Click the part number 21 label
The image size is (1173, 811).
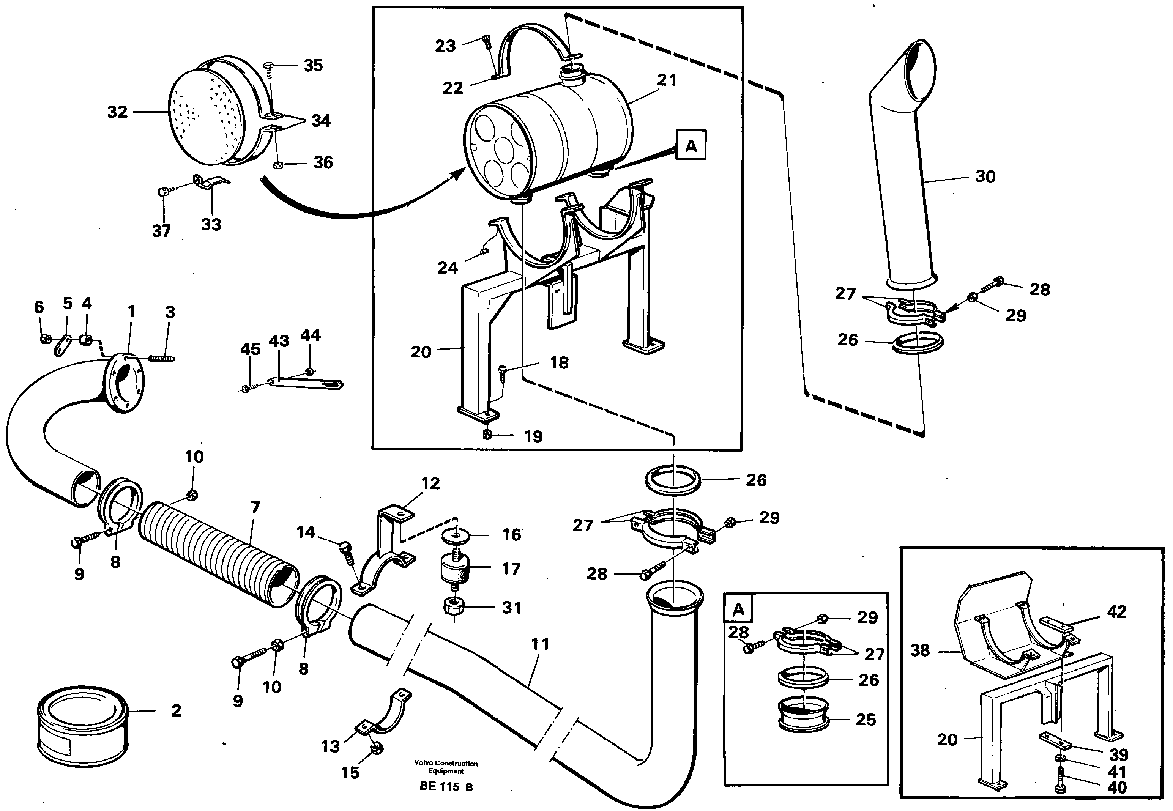tap(666, 80)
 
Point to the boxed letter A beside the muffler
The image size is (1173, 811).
tap(691, 146)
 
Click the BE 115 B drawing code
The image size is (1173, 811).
tap(446, 787)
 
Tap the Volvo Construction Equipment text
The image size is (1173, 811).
tap(446, 767)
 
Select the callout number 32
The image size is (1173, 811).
tap(117, 112)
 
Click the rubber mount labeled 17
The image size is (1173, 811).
tap(454, 570)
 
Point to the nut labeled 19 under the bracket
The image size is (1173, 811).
tap(487, 435)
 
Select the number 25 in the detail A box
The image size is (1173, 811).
tap(866, 720)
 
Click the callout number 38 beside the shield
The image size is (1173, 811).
tap(920, 650)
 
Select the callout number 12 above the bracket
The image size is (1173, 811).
tap(430, 483)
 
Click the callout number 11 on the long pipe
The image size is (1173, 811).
tap(540, 644)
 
